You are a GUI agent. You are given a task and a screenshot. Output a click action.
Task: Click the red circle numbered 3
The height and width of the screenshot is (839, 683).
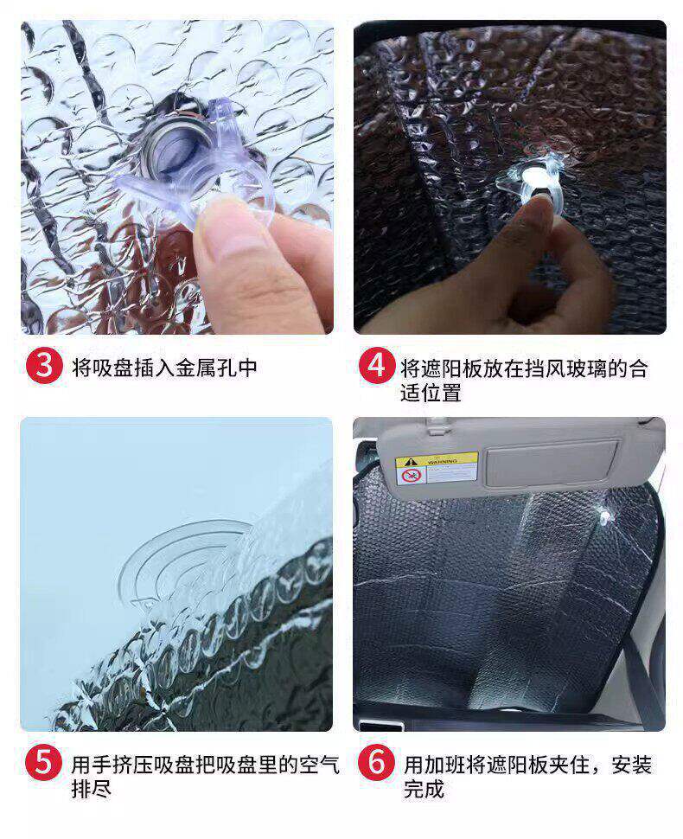click(44, 366)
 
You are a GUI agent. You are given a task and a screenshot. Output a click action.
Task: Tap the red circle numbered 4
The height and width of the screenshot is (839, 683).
click(377, 366)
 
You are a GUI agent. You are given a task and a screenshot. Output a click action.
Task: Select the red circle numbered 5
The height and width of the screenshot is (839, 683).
click(43, 763)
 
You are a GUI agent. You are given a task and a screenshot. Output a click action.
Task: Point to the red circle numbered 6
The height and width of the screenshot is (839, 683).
click(377, 763)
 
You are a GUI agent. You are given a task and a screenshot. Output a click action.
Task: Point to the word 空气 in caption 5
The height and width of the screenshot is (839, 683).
click(319, 765)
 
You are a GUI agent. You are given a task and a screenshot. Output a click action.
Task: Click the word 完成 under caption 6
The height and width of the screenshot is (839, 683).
click(424, 789)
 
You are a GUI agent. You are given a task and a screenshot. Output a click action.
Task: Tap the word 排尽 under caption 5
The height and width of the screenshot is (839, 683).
click(92, 789)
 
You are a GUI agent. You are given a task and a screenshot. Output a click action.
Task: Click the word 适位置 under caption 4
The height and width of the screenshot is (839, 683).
click(431, 394)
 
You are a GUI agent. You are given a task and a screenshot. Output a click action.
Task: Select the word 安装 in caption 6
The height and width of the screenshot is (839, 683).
click(632, 765)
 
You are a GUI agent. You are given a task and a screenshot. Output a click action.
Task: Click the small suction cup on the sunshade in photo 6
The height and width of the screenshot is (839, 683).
click(605, 516)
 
